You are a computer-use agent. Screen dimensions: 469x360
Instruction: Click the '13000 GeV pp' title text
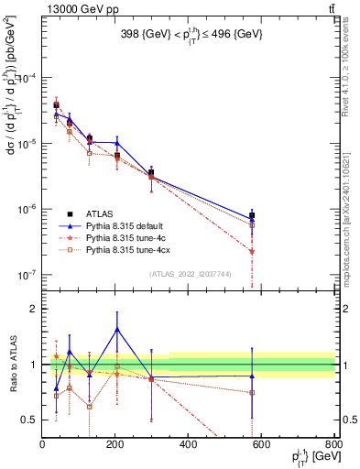tap(71, 8)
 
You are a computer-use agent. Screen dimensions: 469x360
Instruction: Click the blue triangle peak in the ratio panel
tap(116, 329)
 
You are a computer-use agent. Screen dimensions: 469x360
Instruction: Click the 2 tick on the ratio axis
tap(33, 309)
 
